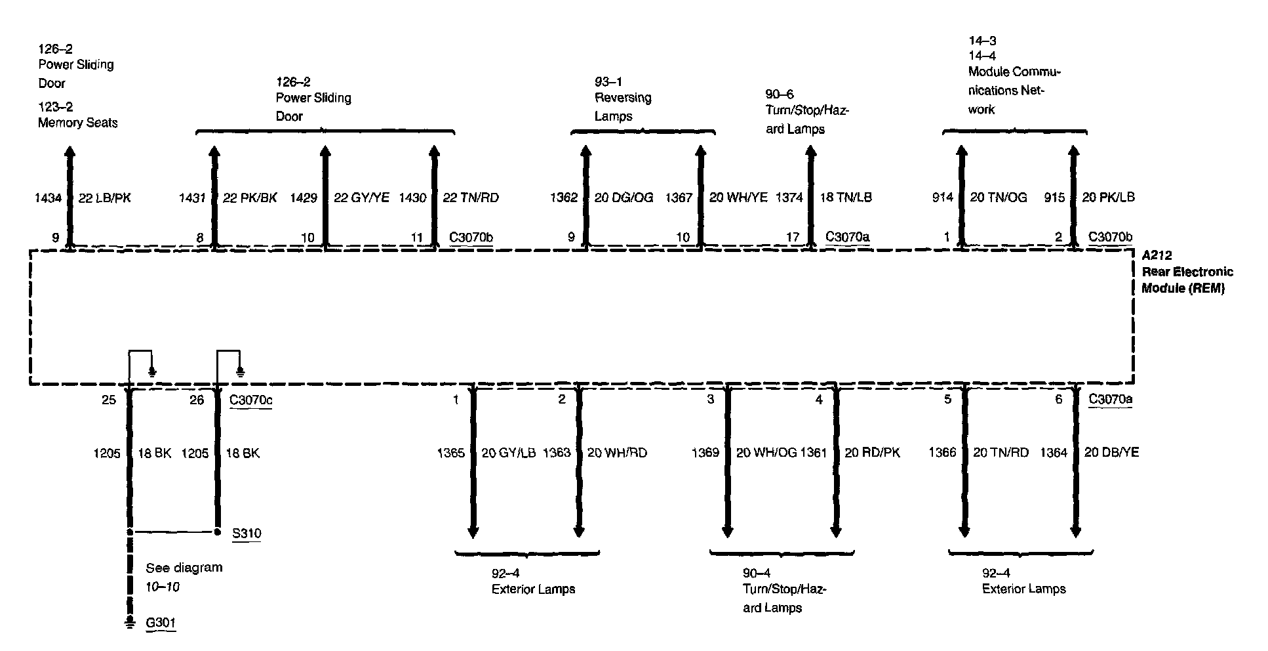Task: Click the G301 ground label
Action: pyautogui.click(x=161, y=622)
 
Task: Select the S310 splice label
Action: pyautogui.click(x=247, y=533)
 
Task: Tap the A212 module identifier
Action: pyautogui.click(x=1157, y=255)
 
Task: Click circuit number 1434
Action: pyautogui.click(x=48, y=198)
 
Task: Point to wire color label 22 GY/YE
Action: pyautogui.click(x=361, y=198)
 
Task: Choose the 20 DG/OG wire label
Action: pyautogui.click(x=624, y=198)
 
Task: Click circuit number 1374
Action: pyautogui.click(x=789, y=198)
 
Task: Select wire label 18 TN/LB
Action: pyautogui.click(x=846, y=198)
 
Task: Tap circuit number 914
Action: pyautogui.click(x=943, y=198)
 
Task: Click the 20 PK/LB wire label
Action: pyautogui.click(x=1108, y=198)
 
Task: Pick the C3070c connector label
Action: pyautogui.click(x=250, y=400)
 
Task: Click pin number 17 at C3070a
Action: pyautogui.click(x=792, y=237)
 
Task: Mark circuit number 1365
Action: pyautogui.click(x=450, y=453)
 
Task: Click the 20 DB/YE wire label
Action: pyautogui.click(x=1111, y=452)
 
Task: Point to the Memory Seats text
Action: pyautogui.click(x=77, y=123)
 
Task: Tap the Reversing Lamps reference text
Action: pyautogui.click(x=623, y=107)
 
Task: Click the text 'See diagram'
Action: pyautogui.click(x=184, y=568)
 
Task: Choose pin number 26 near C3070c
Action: pyautogui.click(x=197, y=400)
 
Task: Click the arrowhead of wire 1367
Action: pyautogui.click(x=700, y=153)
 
